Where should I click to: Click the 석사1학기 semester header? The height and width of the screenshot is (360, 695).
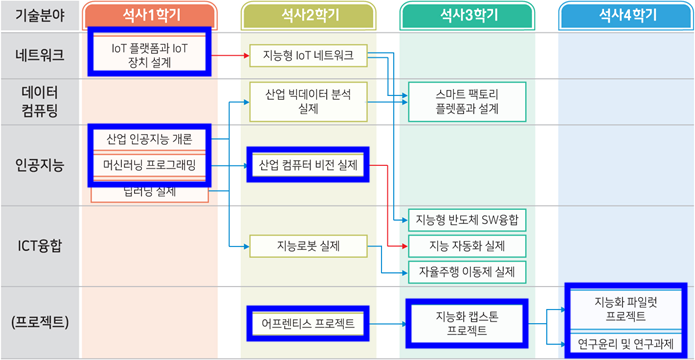click(148, 16)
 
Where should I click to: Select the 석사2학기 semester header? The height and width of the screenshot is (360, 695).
click(308, 16)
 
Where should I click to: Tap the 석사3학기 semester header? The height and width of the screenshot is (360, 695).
click(467, 16)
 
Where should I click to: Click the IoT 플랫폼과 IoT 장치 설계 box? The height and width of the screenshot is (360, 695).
click(148, 54)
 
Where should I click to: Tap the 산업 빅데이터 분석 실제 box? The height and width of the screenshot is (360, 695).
click(308, 102)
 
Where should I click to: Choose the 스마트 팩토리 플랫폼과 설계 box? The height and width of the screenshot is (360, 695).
click(466, 102)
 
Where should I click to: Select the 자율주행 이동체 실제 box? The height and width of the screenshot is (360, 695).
click(466, 271)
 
